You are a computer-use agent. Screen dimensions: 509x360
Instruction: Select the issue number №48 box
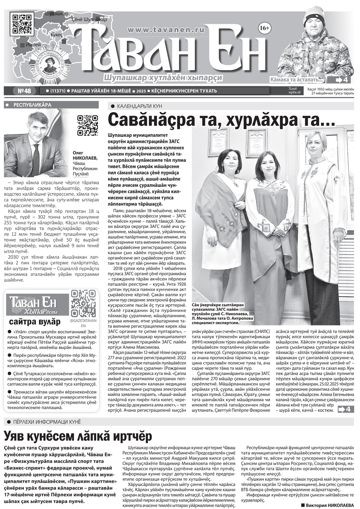[x=24, y=91]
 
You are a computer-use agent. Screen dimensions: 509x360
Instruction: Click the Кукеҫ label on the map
[x=57, y=35]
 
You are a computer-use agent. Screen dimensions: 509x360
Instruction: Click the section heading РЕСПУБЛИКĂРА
[x=32, y=105]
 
